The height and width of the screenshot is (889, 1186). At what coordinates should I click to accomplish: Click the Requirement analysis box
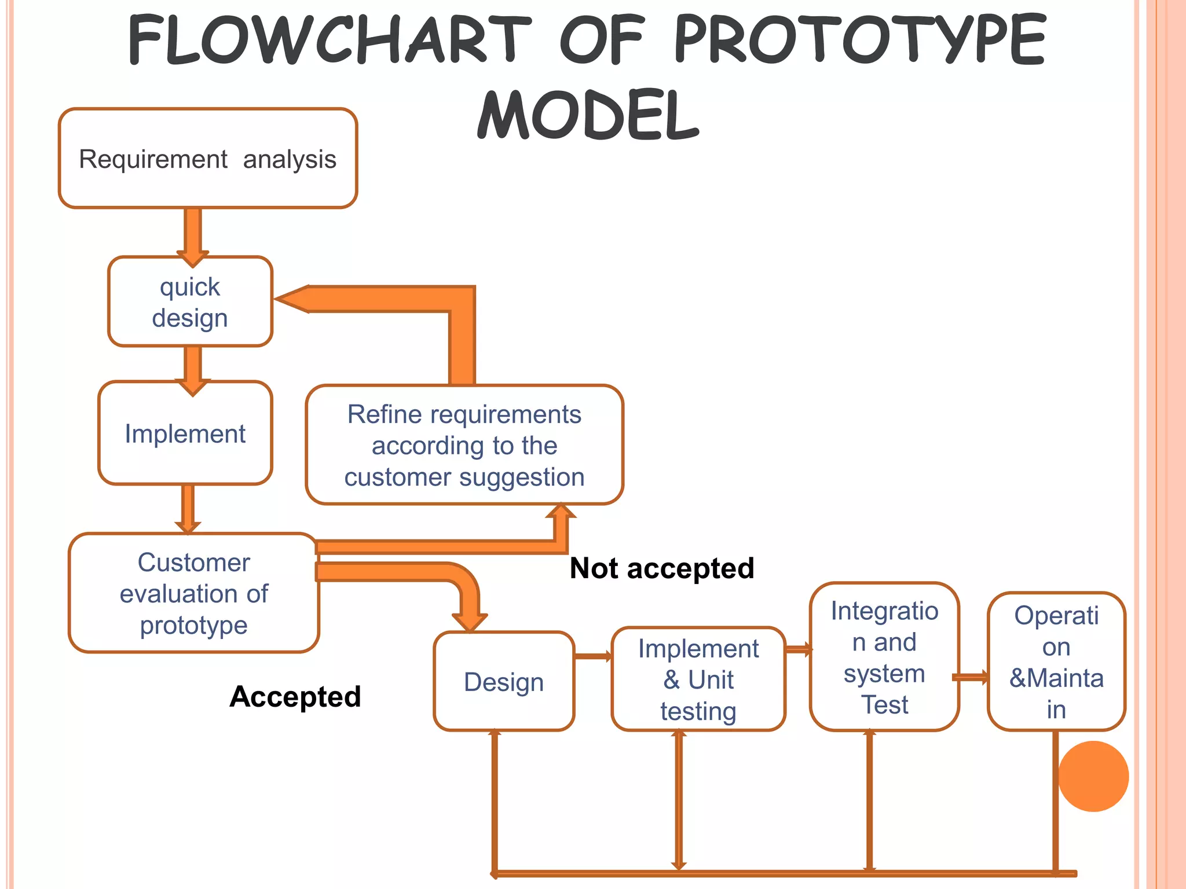tap(207, 159)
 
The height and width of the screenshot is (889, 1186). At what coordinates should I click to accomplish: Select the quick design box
tap(190, 302)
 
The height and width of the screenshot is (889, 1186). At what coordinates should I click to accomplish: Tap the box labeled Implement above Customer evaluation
tap(185, 434)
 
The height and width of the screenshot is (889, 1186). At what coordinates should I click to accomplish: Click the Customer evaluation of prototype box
tap(193, 594)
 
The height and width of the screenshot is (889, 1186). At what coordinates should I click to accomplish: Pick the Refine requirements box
tap(464, 445)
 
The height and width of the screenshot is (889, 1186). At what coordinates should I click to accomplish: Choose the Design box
tap(504, 682)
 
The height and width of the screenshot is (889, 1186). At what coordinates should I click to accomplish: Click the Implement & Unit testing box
tap(698, 679)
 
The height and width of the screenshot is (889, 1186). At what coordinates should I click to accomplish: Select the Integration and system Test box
tap(884, 657)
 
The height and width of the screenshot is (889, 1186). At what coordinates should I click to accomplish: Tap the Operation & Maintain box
tap(1056, 662)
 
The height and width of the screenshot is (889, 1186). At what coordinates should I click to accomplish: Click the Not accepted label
tap(662, 568)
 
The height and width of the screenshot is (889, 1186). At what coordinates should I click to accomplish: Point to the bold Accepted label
tap(295, 696)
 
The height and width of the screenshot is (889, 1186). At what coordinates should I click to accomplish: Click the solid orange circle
tap(1093, 776)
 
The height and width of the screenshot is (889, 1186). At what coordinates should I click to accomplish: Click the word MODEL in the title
tap(588, 115)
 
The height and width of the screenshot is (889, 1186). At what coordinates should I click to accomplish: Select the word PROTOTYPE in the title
tap(861, 39)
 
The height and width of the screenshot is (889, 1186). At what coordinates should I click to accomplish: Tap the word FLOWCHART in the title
tap(329, 39)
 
